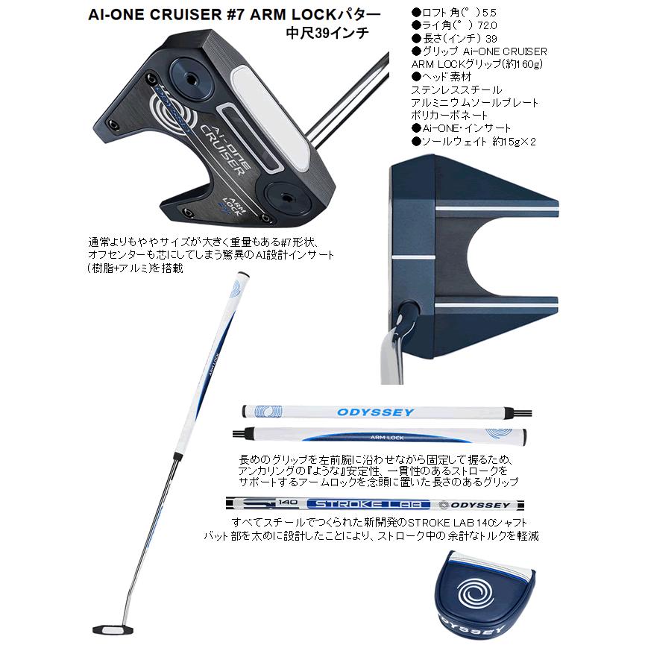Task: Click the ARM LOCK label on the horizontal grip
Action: [x=387, y=438]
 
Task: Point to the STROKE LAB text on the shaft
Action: [x=365, y=503]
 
